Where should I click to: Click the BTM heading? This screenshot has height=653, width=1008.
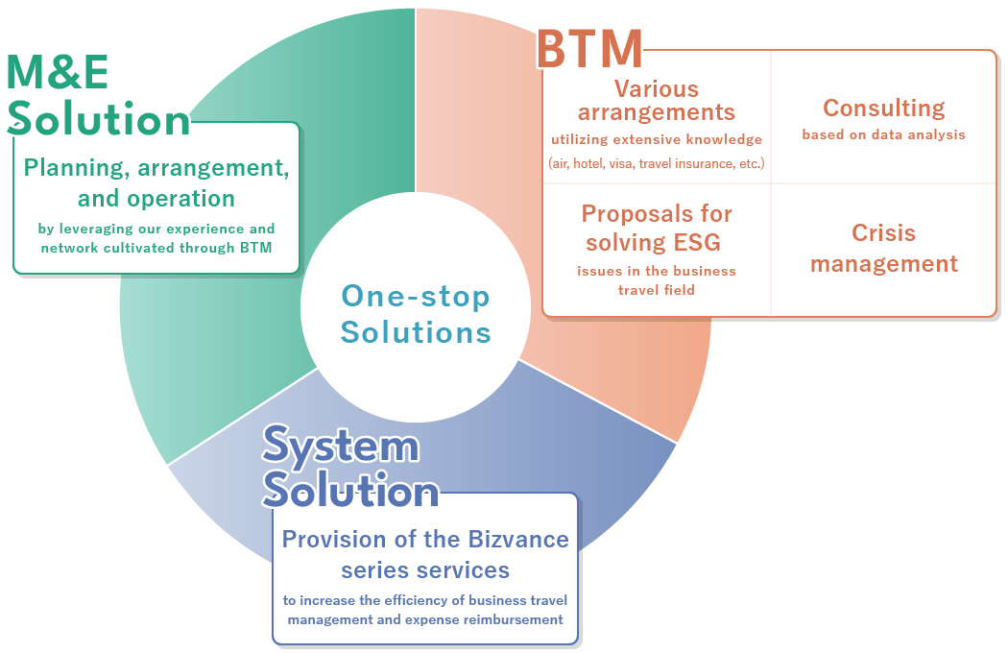(x=588, y=49)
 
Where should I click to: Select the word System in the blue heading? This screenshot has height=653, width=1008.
(x=341, y=447)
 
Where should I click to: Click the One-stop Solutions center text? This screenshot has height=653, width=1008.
(x=416, y=314)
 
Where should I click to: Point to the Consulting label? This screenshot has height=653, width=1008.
(x=883, y=109)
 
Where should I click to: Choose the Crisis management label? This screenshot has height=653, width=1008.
(x=883, y=248)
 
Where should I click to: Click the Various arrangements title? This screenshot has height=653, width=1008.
(x=657, y=101)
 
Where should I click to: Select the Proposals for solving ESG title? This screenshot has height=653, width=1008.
(x=657, y=228)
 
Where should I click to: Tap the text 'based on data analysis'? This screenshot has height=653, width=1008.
(x=883, y=135)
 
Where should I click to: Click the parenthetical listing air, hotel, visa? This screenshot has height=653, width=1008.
(x=657, y=164)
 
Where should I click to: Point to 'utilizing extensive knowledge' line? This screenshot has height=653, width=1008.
(x=657, y=140)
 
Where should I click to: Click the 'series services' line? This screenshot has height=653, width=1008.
(x=425, y=570)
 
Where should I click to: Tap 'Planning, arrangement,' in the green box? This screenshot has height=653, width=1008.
(x=156, y=168)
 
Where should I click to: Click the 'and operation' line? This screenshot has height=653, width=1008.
(x=156, y=199)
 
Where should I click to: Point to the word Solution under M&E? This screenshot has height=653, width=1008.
(x=99, y=120)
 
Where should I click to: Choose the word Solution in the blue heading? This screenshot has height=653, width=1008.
(x=351, y=491)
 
